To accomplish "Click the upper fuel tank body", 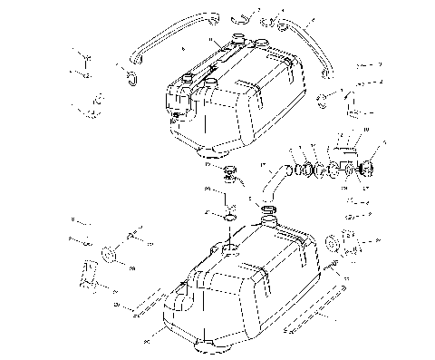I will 236,100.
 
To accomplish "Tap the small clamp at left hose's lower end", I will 130,76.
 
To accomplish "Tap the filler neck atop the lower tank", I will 269,219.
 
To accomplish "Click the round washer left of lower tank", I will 109,252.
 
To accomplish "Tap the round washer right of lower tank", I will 332,242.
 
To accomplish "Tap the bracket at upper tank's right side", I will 357,102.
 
